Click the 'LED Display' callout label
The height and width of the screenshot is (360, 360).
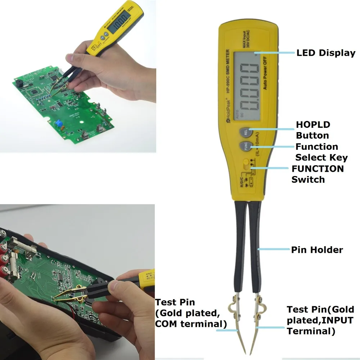[325, 53]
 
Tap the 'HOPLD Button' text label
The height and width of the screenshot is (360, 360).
[312, 130]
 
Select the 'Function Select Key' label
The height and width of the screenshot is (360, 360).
[321, 152]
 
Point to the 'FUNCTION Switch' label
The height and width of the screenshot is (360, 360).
[317, 174]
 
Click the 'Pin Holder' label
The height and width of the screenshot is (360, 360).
[317, 249]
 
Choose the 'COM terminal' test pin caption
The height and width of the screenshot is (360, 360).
[190, 313]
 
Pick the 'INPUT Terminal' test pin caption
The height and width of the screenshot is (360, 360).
[320, 320]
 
